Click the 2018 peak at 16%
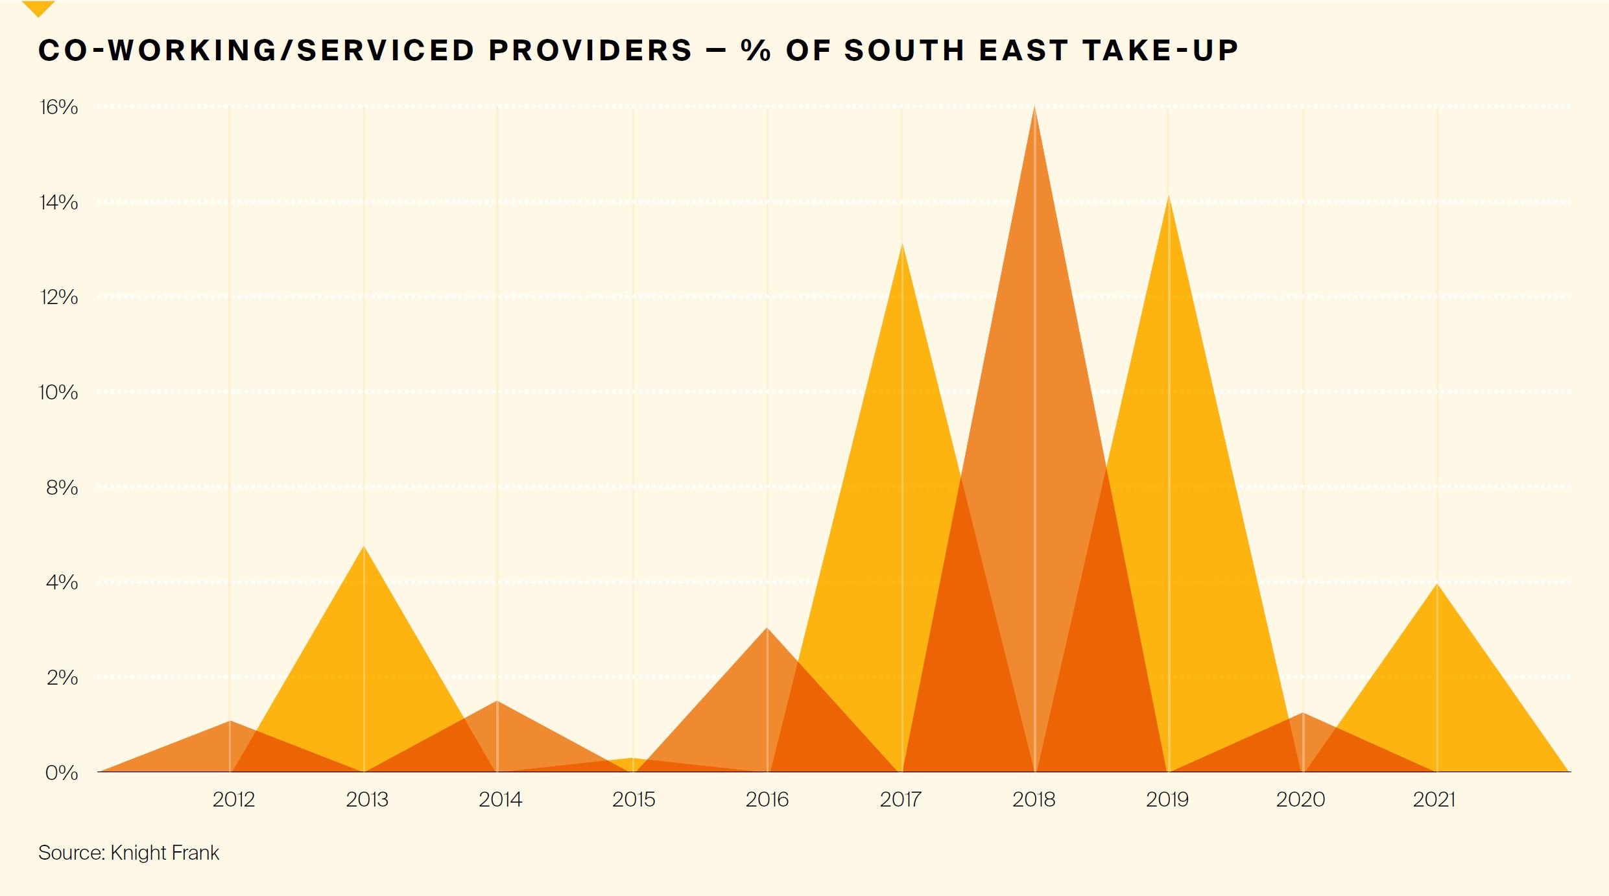tap(1034, 108)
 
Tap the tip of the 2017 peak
tap(901, 245)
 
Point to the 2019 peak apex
tap(1168, 197)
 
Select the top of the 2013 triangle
tap(364, 548)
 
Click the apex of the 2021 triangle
tap(1437, 585)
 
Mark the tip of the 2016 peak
tap(767, 629)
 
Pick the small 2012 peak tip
tap(230, 722)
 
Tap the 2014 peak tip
tap(497, 702)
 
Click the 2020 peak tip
tap(1302, 714)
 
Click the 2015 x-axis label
tap(634, 799)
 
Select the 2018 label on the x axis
tap(1034, 799)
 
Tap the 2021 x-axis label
tap(1434, 799)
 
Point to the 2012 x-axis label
tap(233, 799)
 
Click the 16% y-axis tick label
tap(58, 107)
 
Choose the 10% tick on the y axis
tap(58, 392)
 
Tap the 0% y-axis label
tap(62, 773)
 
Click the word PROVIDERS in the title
tap(591, 51)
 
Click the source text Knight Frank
tap(165, 853)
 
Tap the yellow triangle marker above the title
tap(38, 8)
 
